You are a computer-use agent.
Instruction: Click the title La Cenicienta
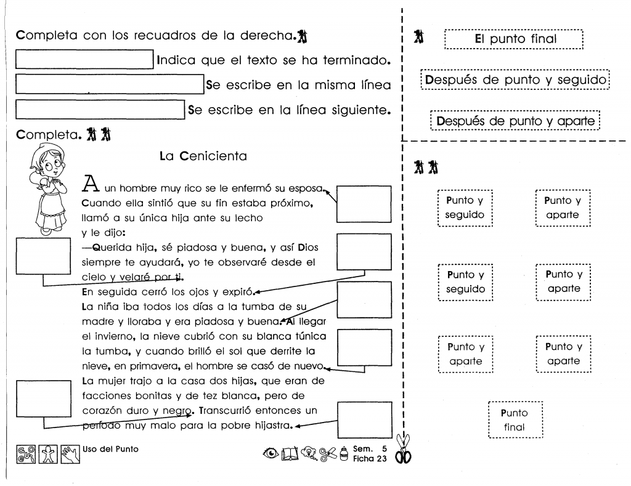pos(203,156)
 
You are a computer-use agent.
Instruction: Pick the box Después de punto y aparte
pos(515,120)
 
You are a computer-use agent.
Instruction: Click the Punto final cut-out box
pos(515,419)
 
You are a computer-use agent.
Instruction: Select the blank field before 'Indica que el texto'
pos(84,61)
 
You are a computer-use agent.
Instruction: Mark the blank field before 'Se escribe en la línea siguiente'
pos(99,111)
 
